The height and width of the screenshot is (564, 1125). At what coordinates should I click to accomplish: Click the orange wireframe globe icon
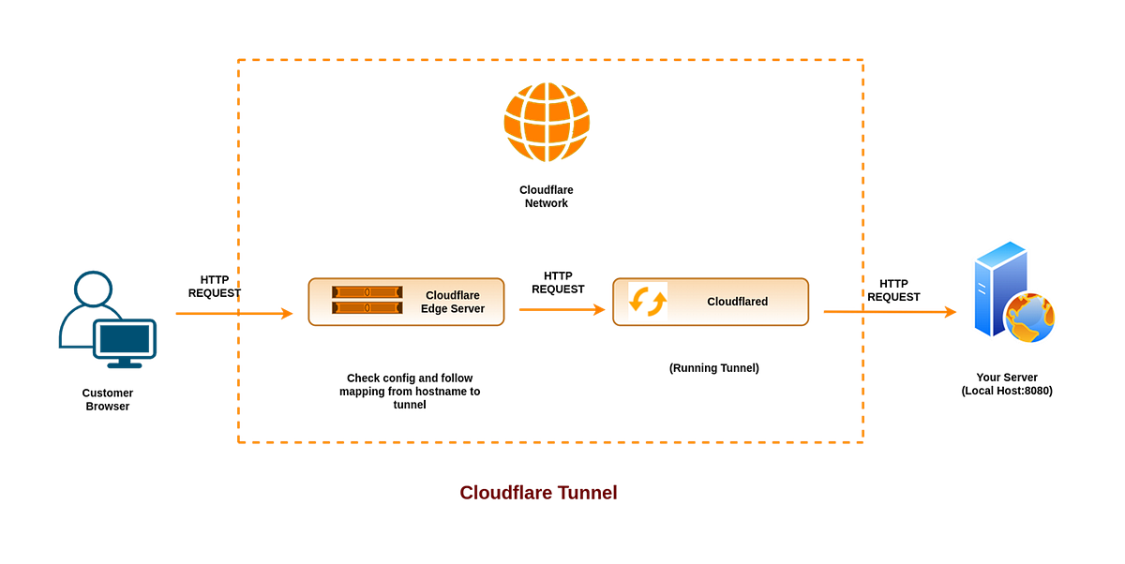click(547, 123)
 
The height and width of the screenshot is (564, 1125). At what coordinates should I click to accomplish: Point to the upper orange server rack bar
click(367, 292)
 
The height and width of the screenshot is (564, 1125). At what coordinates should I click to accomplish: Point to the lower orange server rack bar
click(367, 307)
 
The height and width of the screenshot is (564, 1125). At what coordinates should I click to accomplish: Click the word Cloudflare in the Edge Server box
click(452, 295)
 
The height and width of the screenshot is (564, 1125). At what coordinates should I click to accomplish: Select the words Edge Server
click(452, 309)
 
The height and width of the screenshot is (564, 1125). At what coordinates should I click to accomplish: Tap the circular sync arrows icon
click(648, 301)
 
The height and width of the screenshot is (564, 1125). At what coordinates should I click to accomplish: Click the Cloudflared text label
click(737, 302)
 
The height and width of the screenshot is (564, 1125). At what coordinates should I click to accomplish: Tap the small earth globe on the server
click(1031, 319)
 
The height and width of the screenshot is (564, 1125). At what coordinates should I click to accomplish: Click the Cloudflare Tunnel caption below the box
click(538, 492)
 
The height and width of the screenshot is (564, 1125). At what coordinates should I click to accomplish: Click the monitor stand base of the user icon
click(125, 367)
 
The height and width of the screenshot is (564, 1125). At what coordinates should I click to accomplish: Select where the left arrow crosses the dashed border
click(238, 313)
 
